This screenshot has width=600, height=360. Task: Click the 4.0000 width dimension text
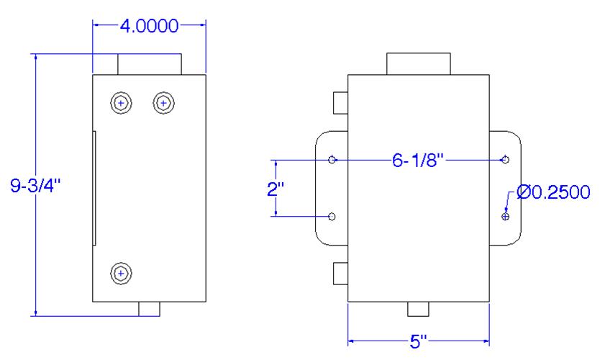(x=149, y=26)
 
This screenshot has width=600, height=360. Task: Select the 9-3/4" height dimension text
(x=35, y=186)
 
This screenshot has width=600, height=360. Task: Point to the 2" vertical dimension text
(x=276, y=189)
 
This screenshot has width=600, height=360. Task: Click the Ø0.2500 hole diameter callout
(x=553, y=192)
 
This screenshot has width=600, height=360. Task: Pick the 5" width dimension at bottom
(x=418, y=341)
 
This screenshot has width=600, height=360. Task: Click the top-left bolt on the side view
(x=122, y=103)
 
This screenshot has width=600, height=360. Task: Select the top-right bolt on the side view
(x=164, y=103)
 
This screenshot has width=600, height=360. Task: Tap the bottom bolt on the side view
(x=122, y=274)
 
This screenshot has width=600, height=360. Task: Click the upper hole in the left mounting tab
(x=332, y=159)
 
